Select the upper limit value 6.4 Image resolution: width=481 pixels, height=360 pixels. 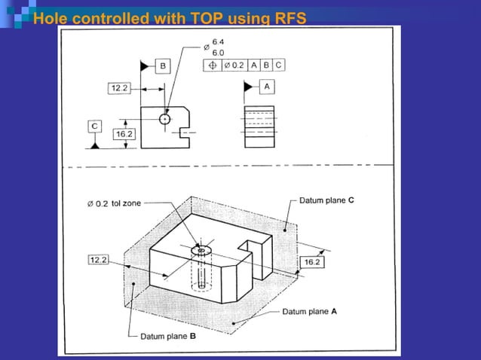point(217,41)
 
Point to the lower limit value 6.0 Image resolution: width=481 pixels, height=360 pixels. point(217,52)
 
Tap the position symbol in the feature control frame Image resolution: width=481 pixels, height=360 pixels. point(212,65)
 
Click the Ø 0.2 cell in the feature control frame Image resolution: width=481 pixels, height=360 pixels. point(233,65)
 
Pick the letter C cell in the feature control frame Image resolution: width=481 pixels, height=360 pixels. point(278,65)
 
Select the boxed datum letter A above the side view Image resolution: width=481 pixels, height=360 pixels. point(267,87)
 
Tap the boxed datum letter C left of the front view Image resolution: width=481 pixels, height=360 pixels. point(93,125)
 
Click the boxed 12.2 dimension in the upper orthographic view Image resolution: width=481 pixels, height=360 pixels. point(119,88)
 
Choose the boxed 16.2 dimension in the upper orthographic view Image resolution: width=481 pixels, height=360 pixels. point(123,134)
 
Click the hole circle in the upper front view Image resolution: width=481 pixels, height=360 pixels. point(164,118)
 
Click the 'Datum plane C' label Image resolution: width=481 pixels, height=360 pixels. point(322,201)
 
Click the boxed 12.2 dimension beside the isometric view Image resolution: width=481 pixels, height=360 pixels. point(99,260)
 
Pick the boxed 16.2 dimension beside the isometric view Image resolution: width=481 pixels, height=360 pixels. point(312,261)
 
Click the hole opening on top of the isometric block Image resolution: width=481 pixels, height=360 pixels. point(201,249)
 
